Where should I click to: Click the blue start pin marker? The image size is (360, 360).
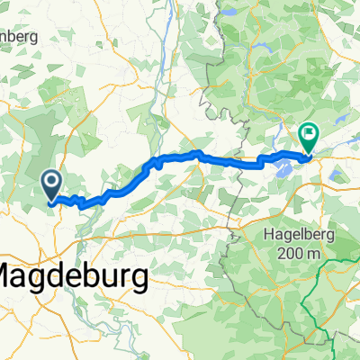(52, 184)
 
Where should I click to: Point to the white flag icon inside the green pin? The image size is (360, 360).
(310, 136)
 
